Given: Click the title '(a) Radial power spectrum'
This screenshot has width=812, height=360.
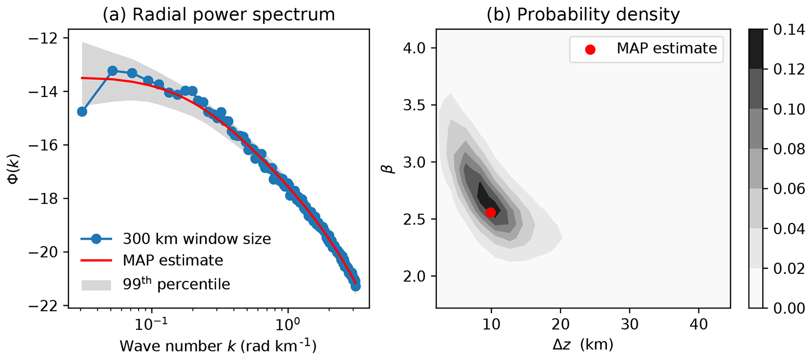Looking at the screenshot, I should [219, 15].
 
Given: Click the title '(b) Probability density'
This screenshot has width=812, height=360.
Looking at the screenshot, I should [583, 15].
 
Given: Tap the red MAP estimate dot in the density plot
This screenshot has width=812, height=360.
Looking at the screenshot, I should [490, 213].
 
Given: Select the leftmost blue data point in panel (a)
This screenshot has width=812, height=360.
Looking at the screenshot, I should [82, 112].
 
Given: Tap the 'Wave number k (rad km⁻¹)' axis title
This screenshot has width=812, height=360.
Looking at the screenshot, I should [218, 345].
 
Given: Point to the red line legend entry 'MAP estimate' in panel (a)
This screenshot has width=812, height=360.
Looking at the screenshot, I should [173, 260].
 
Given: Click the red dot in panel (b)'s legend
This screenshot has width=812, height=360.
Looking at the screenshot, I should [590, 49].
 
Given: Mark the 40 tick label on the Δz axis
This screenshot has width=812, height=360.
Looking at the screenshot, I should [699, 325].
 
